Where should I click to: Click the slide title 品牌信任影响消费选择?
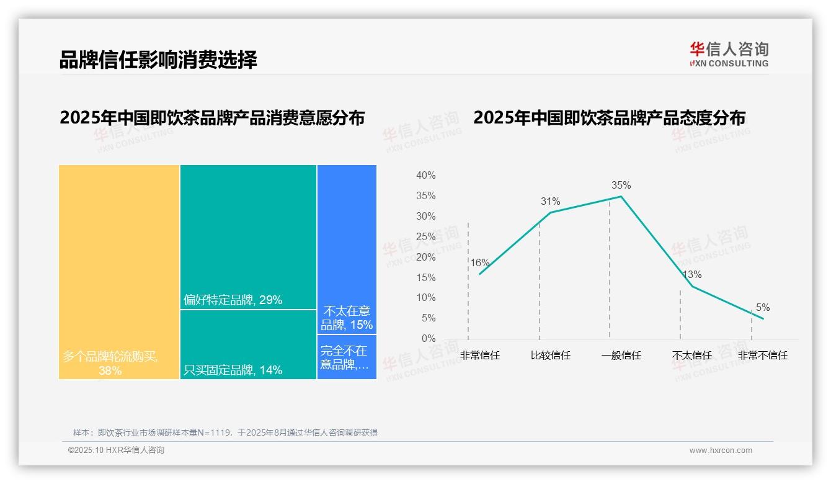tap(158, 60)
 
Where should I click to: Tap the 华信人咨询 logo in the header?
tap(729, 53)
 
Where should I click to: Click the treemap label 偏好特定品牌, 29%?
tap(233, 300)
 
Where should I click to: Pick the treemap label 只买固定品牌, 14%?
tap(233, 370)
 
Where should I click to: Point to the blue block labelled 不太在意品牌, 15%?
tap(347, 318)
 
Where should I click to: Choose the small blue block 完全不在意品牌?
tap(346, 357)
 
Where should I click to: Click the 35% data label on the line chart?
tap(621, 185)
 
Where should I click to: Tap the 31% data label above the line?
tap(550, 201)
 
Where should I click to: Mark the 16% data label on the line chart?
tap(479, 262)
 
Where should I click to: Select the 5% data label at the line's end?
tap(763, 307)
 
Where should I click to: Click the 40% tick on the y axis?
tap(425, 176)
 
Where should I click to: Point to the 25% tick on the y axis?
tap(425, 236)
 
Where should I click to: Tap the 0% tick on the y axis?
tap(428, 338)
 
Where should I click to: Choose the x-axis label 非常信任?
tap(479, 356)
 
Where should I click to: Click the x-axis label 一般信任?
tap(621, 356)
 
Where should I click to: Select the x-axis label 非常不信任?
tap(762, 356)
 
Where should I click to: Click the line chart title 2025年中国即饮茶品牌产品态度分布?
tap(609, 118)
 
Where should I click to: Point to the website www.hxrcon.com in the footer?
tap(721, 450)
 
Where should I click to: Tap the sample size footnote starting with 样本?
tap(225, 432)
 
